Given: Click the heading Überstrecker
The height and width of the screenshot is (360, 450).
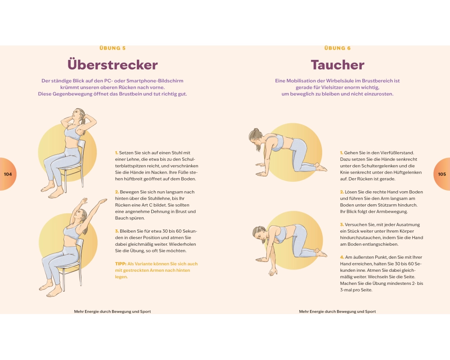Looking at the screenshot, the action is (112, 65).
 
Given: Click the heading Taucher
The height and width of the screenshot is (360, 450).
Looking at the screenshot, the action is (337, 65).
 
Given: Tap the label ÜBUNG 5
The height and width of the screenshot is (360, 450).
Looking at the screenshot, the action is (112, 48).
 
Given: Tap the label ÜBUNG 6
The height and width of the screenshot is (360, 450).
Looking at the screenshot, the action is (337, 48).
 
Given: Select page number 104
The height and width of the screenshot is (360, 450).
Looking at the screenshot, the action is (8, 174).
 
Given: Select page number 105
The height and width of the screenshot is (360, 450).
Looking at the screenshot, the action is (442, 174).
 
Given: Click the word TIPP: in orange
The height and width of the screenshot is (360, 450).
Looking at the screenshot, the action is (121, 264).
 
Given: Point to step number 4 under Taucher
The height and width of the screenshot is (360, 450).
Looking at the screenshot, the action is (342, 257).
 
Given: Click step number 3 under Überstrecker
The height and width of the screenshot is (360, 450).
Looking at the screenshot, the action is (117, 231).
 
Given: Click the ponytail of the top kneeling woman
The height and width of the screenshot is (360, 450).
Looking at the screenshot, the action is (252, 135).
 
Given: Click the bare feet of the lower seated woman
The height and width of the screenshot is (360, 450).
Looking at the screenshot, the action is (50, 289).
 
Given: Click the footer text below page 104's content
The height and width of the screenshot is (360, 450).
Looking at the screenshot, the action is (112, 311).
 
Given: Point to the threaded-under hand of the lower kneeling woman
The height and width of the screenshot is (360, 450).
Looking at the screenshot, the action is (273, 271).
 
